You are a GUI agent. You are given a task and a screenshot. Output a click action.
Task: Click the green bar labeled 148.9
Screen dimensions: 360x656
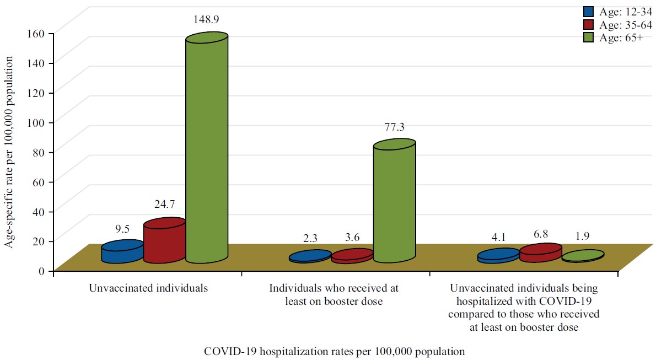click(207, 149)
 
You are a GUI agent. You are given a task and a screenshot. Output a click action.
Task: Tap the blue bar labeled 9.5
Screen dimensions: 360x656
click(122, 252)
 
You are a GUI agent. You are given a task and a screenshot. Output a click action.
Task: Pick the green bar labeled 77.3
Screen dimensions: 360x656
click(394, 201)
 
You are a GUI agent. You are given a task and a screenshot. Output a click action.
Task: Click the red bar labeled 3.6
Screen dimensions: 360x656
click(352, 256)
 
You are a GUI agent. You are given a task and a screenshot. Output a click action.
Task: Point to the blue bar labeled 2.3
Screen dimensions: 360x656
click(310, 257)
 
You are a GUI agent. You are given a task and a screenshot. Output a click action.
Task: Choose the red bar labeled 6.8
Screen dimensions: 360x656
click(540, 252)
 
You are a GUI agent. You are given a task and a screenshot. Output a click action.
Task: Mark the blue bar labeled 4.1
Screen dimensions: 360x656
click(498, 256)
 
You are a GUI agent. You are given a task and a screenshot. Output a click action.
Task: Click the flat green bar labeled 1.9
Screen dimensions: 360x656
click(583, 256)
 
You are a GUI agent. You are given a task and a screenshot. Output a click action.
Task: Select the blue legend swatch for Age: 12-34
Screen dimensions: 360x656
click(589, 11)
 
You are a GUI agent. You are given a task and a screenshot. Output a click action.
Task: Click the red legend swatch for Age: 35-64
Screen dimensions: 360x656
click(589, 25)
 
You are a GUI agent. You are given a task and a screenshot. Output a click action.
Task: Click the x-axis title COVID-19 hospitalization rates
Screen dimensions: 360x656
click(334, 351)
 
